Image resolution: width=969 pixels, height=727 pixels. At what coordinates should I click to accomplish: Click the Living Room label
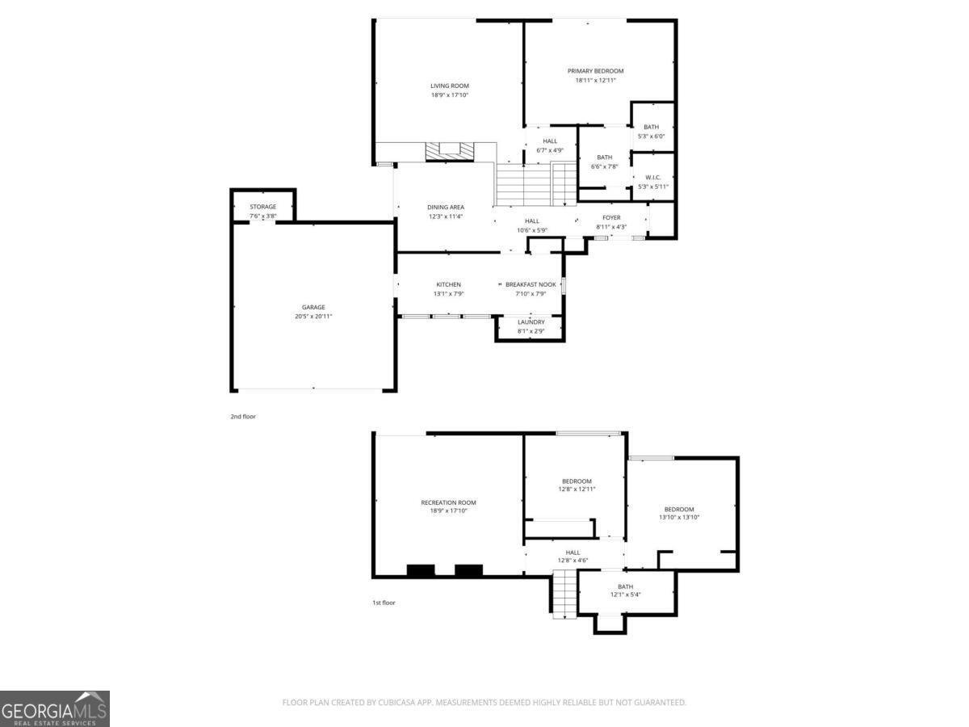pos(449,86)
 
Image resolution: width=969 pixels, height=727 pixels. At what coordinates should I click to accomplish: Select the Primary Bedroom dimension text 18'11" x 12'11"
pos(595,80)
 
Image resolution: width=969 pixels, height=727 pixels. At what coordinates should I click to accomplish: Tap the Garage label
pos(313,307)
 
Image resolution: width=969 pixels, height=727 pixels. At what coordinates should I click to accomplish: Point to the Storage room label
pos(262,207)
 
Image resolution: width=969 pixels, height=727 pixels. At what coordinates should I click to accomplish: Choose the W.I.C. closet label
pos(652,177)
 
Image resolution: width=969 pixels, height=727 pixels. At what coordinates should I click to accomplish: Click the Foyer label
pos(611,217)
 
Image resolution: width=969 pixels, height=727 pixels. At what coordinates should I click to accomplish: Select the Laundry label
pos(531,321)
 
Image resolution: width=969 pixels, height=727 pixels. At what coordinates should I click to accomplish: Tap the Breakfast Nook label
pos(531,284)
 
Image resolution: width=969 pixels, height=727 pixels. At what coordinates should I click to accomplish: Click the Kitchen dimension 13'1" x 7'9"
pos(448,294)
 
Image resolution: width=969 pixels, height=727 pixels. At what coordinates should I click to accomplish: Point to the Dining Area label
pos(446,208)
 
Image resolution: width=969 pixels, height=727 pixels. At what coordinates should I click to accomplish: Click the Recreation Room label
pos(448,502)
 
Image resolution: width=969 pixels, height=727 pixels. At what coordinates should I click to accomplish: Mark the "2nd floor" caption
pos(243,417)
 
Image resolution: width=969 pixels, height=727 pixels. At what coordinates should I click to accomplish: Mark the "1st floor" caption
pos(383,603)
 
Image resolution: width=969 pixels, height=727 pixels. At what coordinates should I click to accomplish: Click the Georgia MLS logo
pos(54,708)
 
